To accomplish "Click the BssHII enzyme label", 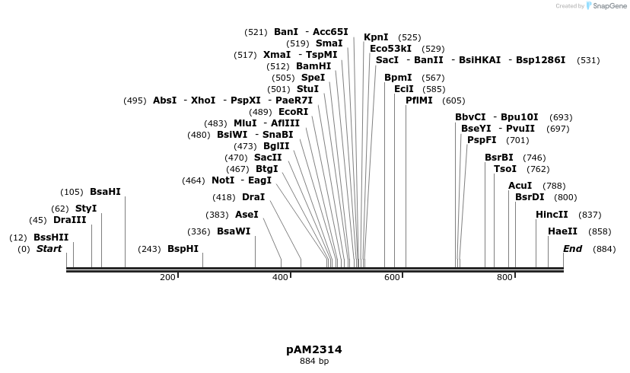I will [x=51, y=238].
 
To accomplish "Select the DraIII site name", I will [x=70, y=220].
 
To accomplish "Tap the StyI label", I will [x=86, y=209].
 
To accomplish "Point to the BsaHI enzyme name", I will [x=105, y=192].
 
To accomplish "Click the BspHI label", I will [x=183, y=249].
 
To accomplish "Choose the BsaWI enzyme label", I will [x=234, y=231].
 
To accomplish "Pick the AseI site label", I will [x=247, y=215].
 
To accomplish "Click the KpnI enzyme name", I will [x=376, y=37].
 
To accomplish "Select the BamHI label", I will [x=313, y=66].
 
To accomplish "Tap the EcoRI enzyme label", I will [x=294, y=112].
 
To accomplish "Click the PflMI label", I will [x=419, y=100].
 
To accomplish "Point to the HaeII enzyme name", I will [x=562, y=231].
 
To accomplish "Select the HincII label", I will [x=552, y=215].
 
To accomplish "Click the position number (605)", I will [x=453, y=100].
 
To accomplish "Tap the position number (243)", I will [x=149, y=249].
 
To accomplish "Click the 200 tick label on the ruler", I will [x=167, y=277].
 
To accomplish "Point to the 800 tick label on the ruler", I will [x=504, y=277].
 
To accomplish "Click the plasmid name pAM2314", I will [x=314, y=350].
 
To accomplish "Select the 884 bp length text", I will [x=314, y=362].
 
